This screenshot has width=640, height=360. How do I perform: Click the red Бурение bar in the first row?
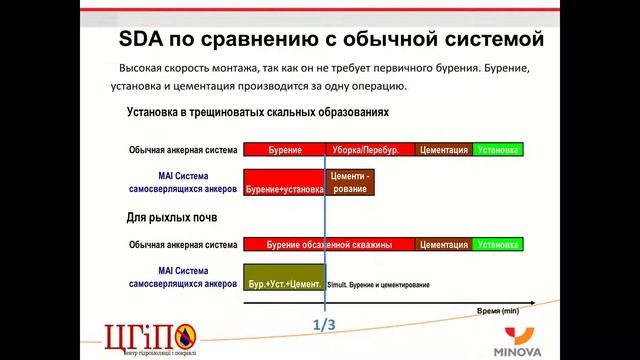(284, 149)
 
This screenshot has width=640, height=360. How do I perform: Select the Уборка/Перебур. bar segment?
(370, 149)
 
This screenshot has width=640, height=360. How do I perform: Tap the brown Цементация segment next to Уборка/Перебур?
(444, 149)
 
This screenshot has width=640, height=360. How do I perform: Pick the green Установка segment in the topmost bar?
(498, 149)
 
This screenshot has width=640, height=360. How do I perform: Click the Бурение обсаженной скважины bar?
(329, 244)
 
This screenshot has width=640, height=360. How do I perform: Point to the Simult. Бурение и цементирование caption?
(378, 285)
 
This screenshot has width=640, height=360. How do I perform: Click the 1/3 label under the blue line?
(325, 325)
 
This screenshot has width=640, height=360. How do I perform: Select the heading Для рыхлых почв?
(172, 216)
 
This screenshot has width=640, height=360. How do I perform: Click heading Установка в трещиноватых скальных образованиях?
(257, 113)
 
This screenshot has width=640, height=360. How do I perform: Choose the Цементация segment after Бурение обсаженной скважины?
(444, 244)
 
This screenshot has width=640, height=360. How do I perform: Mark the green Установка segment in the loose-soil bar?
(498, 244)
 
